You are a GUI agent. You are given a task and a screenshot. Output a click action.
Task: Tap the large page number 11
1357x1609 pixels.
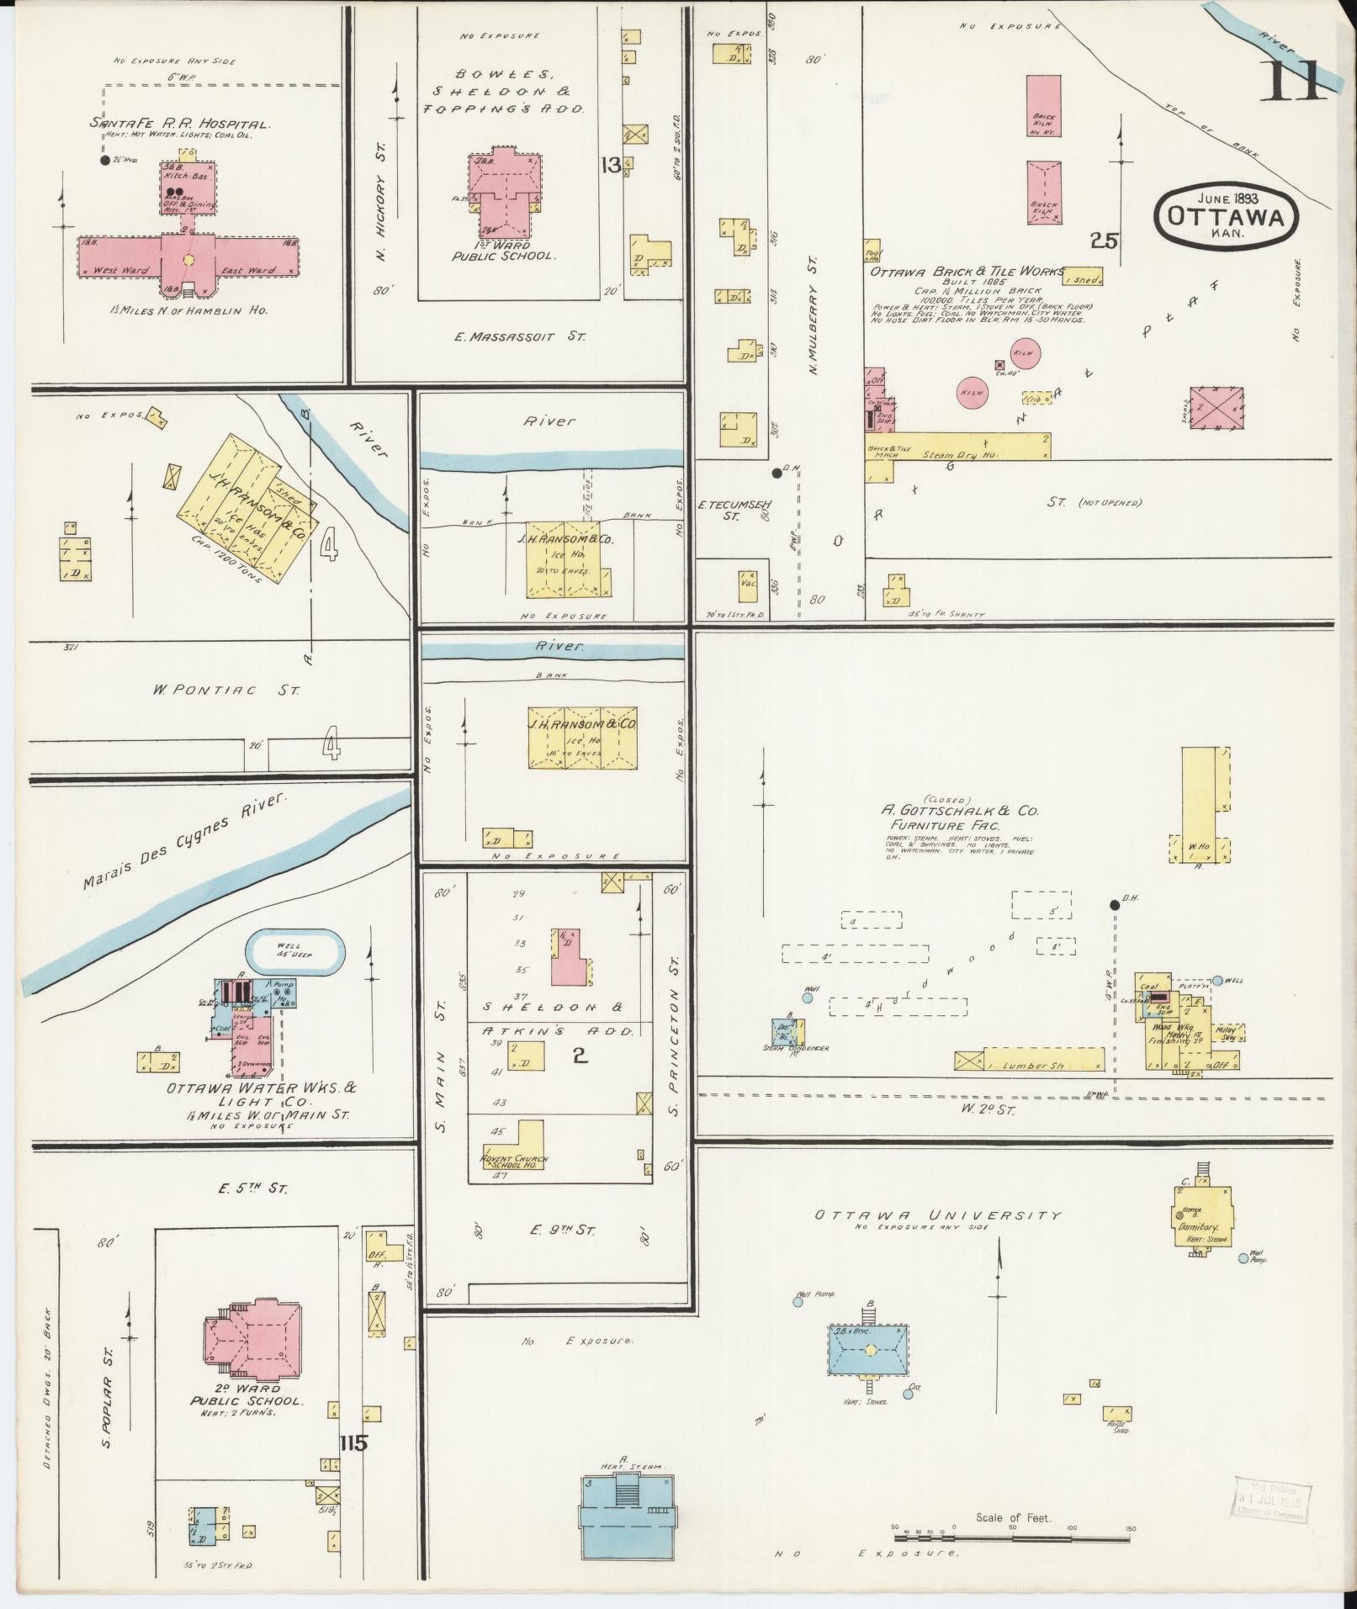pyautogui.click(x=1292, y=82)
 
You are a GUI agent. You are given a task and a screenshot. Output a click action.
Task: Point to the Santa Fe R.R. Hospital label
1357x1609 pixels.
pyautogui.click(x=180, y=124)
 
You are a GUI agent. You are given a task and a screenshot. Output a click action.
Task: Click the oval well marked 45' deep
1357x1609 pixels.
pyautogui.click(x=295, y=952)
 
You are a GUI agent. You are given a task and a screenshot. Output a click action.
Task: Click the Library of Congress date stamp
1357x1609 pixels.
pyautogui.click(x=1271, y=1499)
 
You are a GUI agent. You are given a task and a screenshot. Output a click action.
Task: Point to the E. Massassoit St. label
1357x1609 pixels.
pyautogui.click(x=519, y=336)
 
